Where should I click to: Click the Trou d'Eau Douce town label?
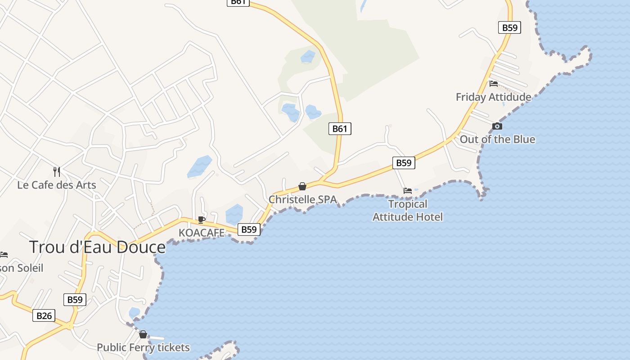[97, 247]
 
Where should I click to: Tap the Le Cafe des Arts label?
[57, 185]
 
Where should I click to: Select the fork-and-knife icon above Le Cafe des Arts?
[57, 171]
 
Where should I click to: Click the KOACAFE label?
[202, 233]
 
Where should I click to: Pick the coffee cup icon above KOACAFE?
[202, 220]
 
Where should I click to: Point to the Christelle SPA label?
[302, 199]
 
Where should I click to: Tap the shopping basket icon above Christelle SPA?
[302, 186]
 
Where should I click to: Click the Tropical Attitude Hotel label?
[408, 211]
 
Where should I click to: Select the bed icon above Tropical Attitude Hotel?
[408, 191]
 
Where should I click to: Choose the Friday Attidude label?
[493, 97]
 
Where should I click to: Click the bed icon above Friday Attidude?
[494, 83]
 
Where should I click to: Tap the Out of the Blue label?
[497, 139]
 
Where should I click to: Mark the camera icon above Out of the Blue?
[497, 126]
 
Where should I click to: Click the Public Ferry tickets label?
[143, 348]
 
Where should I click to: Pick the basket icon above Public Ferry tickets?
[143, 334]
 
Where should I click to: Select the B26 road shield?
[44, 316]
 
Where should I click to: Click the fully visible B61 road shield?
[340, 129]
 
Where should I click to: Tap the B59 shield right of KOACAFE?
[249, 229]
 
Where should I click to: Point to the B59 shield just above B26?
[75, 300]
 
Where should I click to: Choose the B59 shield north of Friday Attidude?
[510, 27]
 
